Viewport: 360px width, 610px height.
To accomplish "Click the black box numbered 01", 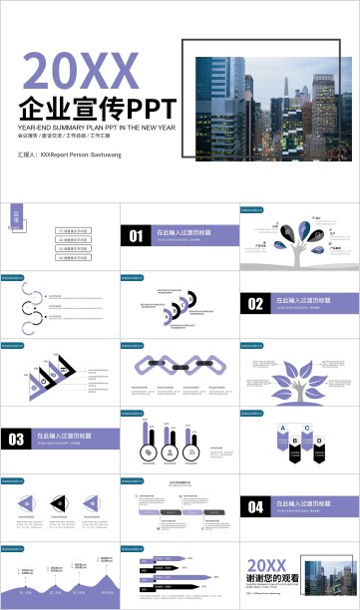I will pos(135,235).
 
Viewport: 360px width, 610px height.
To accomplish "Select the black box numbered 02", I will pos(254,303).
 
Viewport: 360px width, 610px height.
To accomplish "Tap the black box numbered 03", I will pos(16,439).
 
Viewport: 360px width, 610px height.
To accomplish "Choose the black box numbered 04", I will pos(254,506).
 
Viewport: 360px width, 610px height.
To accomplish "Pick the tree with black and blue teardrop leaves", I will pos(300,247).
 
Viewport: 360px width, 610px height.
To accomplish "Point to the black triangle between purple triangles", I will pos(60,506).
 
